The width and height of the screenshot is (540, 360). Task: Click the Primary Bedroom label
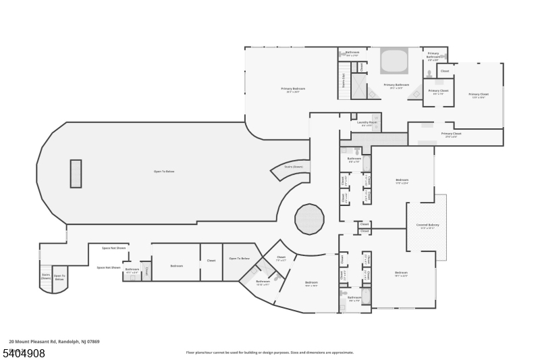293,89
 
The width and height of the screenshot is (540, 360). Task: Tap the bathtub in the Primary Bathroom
394,61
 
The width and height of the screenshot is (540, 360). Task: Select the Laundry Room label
368,123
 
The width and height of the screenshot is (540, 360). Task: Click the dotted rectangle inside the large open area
76,174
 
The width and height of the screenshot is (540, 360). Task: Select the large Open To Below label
164,172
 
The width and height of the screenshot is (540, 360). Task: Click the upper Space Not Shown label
114,248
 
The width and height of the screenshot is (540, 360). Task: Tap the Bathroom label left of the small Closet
132,269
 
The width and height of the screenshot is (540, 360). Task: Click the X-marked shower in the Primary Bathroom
358,86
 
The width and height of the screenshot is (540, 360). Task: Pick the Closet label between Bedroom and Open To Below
211,261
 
